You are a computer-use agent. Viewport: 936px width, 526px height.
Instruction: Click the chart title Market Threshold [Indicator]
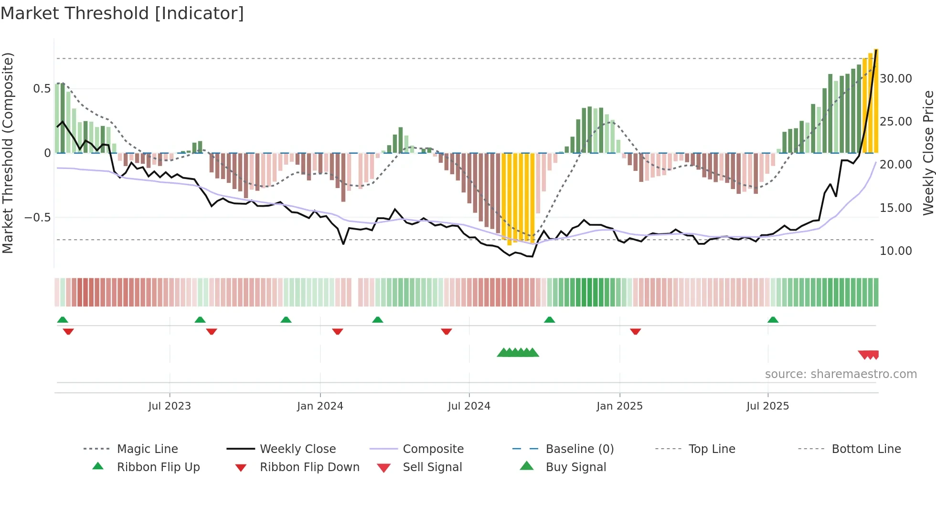pyautogui.click(x=122, y=13)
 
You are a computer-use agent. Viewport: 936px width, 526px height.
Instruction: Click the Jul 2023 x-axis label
pyautogui.click(x=170, y=406)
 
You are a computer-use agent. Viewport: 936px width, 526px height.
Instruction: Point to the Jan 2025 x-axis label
pyautogui.click(x=619, y=406)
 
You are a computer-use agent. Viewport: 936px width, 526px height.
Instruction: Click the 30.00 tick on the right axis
pyautogui.click(x=895, y=79)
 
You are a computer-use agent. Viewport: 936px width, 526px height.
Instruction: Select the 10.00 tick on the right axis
pyautogui.click(x=895, y=251)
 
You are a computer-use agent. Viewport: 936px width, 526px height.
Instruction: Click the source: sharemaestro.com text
pyautogui.click(x=840, y=374)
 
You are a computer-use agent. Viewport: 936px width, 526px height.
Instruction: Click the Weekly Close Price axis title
pyautogui.click(x=928, y=153)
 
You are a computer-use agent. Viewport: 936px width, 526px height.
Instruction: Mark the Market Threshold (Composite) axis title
pyautogui.click(x=8, y=153)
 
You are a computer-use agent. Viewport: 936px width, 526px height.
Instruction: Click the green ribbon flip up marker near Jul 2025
pyautogui.click(x=773, y=320)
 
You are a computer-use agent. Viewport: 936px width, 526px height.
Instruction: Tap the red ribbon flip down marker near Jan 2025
pyautogui.click(x=635, y=331)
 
